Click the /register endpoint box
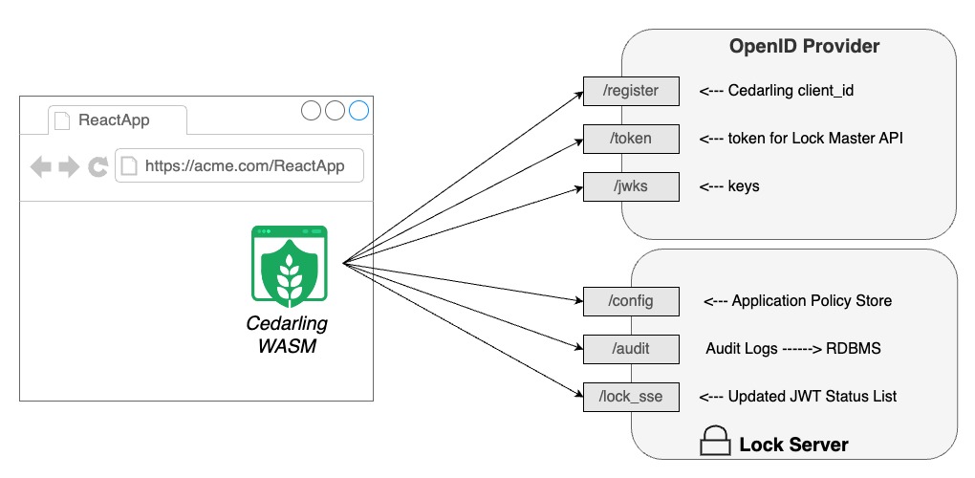[x=631, y=92]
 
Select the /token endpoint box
[x=631, y=139]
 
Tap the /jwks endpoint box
[x=631, y=186]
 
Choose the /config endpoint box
[x=631, y=301]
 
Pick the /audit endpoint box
[x=631, y=349]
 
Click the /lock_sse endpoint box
[x=631, y=397]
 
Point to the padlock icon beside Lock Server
[x=715, y=442]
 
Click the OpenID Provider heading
[x=804, y=47]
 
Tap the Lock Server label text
[x=793, y=445]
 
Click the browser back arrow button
[x=41, y=167]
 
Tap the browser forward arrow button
[x=69, y=167]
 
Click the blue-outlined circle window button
[x=358, y=111]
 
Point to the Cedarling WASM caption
[x=287, y=335]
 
